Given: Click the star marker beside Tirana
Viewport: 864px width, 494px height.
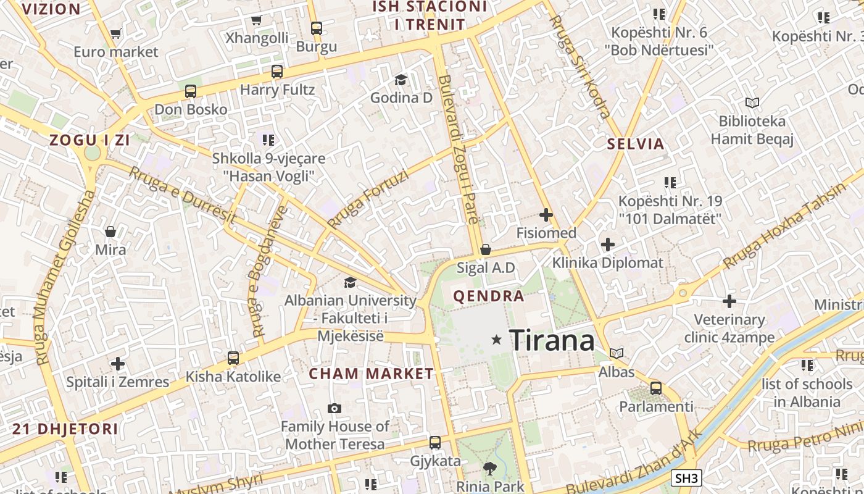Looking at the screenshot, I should [x=496, y=340].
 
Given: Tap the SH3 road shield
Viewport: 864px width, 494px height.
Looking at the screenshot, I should [x=686, y=478].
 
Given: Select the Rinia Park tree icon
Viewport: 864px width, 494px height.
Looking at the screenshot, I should [x=490, y=469].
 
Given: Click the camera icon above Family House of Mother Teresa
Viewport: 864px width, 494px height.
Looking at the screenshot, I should [x=334, y=408].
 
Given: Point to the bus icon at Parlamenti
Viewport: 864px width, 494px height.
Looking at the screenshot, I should [x=656, y=388].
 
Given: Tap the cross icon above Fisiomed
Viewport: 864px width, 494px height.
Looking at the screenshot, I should [x=546, y=215].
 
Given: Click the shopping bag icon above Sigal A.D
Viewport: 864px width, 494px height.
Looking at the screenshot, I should [x=486, y=249].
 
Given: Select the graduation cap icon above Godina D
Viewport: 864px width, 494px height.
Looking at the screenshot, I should [x=401, y=80].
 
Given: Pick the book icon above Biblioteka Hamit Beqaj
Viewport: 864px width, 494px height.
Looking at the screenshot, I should [x=752, y=103].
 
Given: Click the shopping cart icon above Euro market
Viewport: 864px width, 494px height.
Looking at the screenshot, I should [x=115, y=33].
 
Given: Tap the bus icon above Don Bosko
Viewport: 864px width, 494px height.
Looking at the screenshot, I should [x=191, y=91].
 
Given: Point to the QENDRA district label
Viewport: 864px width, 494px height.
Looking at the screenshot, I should [x=489, y=296].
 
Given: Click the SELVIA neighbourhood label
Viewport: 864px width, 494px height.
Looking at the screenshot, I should [x=636, y=144].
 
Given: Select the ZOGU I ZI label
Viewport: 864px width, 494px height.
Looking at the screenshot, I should [x=89, y=140].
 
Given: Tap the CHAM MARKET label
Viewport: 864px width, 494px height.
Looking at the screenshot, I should [x=372, y=374].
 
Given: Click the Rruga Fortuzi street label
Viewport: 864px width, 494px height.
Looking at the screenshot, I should [x=368, y=199].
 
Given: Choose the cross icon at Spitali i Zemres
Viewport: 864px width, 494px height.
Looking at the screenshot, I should [x=117, y=364].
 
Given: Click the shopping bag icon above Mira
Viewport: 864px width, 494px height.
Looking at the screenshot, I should [x=110, y=232].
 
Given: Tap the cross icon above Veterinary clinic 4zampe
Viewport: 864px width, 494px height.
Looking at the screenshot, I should [x=729, y=301].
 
